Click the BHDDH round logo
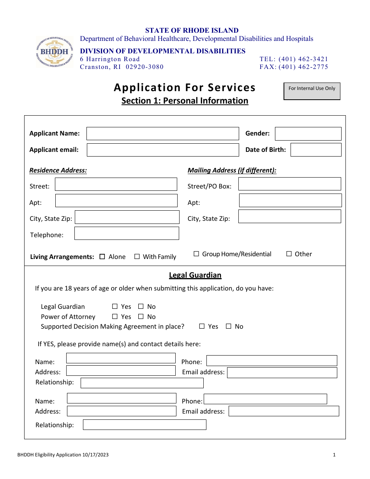pyautogui.click(x=54, y=52)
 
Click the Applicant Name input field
pyautogui.click(x=162, y=134)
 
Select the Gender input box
pyautogui.click(x=308, y=134)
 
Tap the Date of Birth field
pyautogui.click(x=315, y=150)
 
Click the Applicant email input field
pyautogui.click(x=162, y=150)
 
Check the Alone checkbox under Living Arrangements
pyautogui.click(x=102, y=257)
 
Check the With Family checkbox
pyautogui.click(x=137, y=257)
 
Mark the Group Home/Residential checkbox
pyautogui.click(x=196, y=254)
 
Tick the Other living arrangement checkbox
pyautogui.click(x=289, y=254)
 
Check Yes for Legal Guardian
pyautogui.click(x=115, y=306)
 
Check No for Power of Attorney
pyautogui.click(x=141, y=317)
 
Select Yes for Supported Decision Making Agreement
pyautogui.click(x=202, y=326)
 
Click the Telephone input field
pyautogui.click(x=127, y=233)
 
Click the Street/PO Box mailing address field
pyautogui.click(x=289, y=184)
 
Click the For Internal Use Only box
pyautogui.click(x=312, y=91)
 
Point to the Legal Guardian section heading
pyautogui.click(x=195, y=275)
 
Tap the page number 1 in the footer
pyautogui.click(x=334, y=454)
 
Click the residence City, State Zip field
pyautogui.click(x=127, y=217)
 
